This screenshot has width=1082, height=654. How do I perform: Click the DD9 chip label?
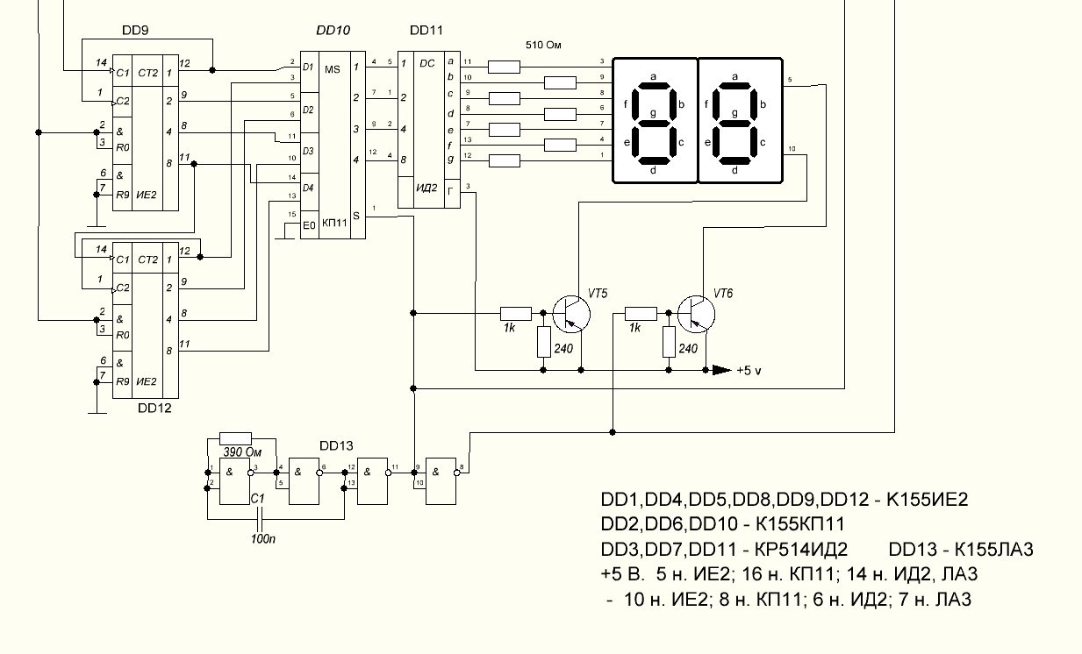pos(135,31)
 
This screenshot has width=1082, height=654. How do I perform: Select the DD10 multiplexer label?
pos(333,31)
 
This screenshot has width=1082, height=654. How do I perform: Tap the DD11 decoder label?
pos(426,31)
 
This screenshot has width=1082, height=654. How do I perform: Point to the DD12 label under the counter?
pos(154,409)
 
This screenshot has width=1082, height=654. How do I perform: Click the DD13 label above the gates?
pos(336,445)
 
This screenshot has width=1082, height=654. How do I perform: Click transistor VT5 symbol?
pos(571,314)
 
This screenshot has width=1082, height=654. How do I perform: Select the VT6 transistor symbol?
pos(696,314)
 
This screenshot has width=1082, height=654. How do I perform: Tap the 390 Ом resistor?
pos(235,438)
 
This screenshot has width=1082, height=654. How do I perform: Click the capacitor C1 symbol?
pos(261,519)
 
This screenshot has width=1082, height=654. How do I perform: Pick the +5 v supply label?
pos(749,371)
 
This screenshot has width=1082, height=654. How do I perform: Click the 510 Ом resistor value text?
pos(543,46)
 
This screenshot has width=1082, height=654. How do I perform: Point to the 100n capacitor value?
pos(263,538)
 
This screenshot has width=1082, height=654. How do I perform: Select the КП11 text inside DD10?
pos(334,223)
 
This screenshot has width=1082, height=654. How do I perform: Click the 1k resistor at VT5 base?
pos(515,314)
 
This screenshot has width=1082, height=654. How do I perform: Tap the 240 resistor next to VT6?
pos(669,342)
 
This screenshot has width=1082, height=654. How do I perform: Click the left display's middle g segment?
pos(653,124)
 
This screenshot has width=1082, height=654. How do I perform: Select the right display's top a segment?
pos(735,86)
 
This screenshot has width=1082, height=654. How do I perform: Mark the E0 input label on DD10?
pos(309,225)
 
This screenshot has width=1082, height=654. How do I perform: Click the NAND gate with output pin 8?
pos(441,481)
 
